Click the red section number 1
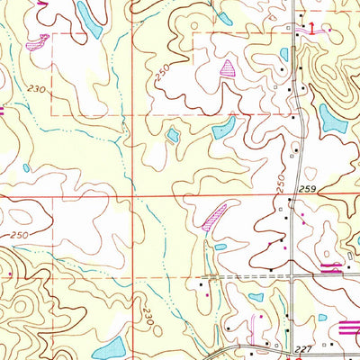point(311,29)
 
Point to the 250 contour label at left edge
point(19,235)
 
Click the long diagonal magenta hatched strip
point(213,216)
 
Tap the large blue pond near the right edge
point(331,118)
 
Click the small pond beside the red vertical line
point(172,136)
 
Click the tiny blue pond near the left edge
point(26,167)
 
